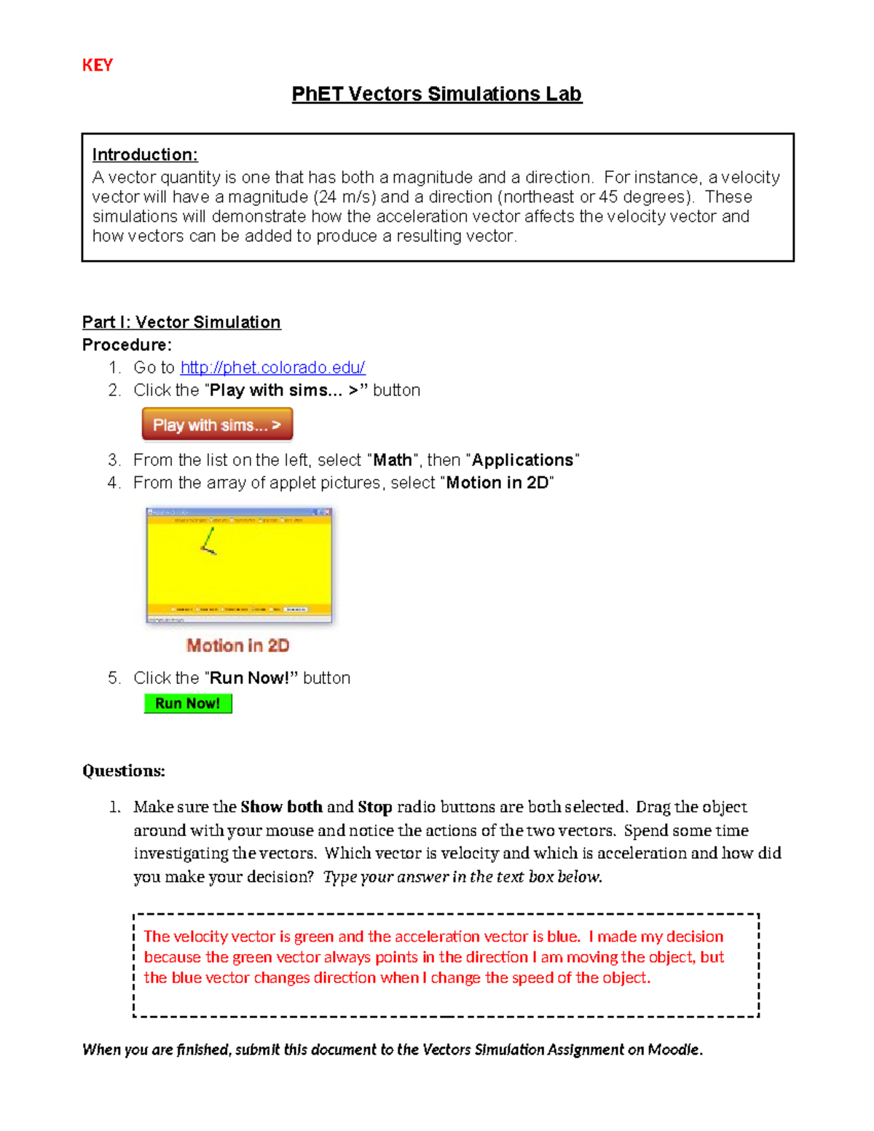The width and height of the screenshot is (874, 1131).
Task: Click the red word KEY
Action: pos(97,66)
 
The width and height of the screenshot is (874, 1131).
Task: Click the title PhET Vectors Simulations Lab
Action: pos(436,94)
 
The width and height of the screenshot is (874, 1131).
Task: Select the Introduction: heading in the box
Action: pos(144,154)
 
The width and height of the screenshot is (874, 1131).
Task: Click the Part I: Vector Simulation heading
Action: pos(181,322)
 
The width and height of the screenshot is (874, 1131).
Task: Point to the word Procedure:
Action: pos(127,344)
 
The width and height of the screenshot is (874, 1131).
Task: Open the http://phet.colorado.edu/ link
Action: pos(272,367)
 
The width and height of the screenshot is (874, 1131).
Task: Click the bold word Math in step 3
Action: pos(392,460)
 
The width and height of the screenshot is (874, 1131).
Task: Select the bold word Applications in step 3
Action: pos(522,460)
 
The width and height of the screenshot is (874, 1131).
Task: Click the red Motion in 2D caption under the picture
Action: pos(237,645)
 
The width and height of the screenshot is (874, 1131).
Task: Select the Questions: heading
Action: pos(123,771)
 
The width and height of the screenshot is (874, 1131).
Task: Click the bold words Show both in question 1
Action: pos(281,807)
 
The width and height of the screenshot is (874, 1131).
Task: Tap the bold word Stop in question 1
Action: pos(374,807)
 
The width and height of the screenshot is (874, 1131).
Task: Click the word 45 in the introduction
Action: pos(608,197)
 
